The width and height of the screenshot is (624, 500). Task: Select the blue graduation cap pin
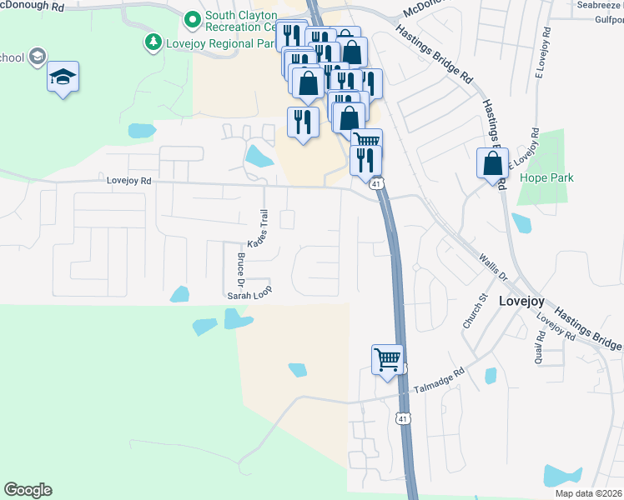63,77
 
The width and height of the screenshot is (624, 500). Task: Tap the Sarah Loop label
250,295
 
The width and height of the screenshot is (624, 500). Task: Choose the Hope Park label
541,177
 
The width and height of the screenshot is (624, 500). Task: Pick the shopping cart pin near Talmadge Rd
387,360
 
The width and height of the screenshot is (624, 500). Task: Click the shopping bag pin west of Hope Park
492,162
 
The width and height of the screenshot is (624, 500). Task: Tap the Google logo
28,490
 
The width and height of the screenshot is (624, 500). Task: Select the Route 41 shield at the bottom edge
404,417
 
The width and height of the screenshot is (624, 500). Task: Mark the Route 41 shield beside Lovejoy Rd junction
377,183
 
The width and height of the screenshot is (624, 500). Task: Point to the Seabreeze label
598,4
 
